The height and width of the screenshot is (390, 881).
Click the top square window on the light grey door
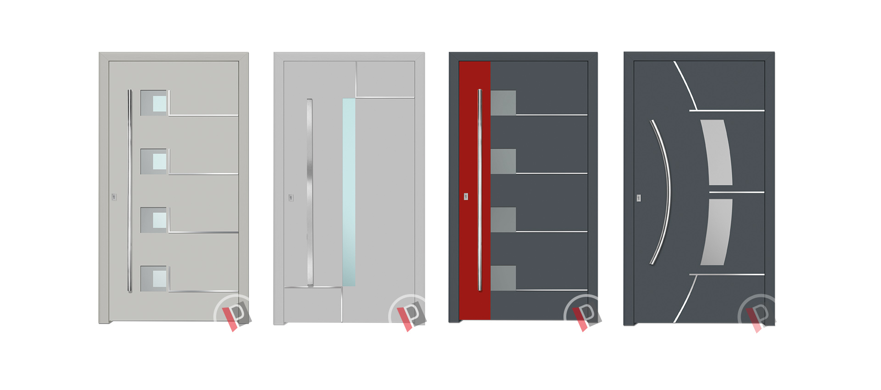[x=154, y=102]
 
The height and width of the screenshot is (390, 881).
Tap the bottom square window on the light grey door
[x=154, y=279]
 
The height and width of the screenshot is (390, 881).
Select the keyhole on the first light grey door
[x=114, y=197]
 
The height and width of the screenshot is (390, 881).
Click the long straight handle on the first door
[x=130, y=190]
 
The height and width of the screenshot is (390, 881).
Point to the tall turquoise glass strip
[x=349, y=192]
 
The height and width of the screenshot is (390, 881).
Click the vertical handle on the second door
[x=310, y=192]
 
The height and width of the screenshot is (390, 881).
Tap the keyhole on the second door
[x=290, y=198]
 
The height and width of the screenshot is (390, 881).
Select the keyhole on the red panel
[x=466, y=196]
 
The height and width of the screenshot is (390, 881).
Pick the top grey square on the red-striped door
[x=503, y=103]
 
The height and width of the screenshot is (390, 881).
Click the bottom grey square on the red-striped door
[x=503, y=278]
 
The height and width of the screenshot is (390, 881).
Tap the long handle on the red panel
[x=480, y=190]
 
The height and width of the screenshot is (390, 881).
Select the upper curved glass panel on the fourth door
[x=717, y=152]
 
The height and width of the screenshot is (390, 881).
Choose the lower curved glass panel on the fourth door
[x=717, y=232]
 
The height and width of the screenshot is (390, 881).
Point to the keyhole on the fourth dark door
[x=639, y=198]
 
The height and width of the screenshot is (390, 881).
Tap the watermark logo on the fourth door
[x=758, y=314]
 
